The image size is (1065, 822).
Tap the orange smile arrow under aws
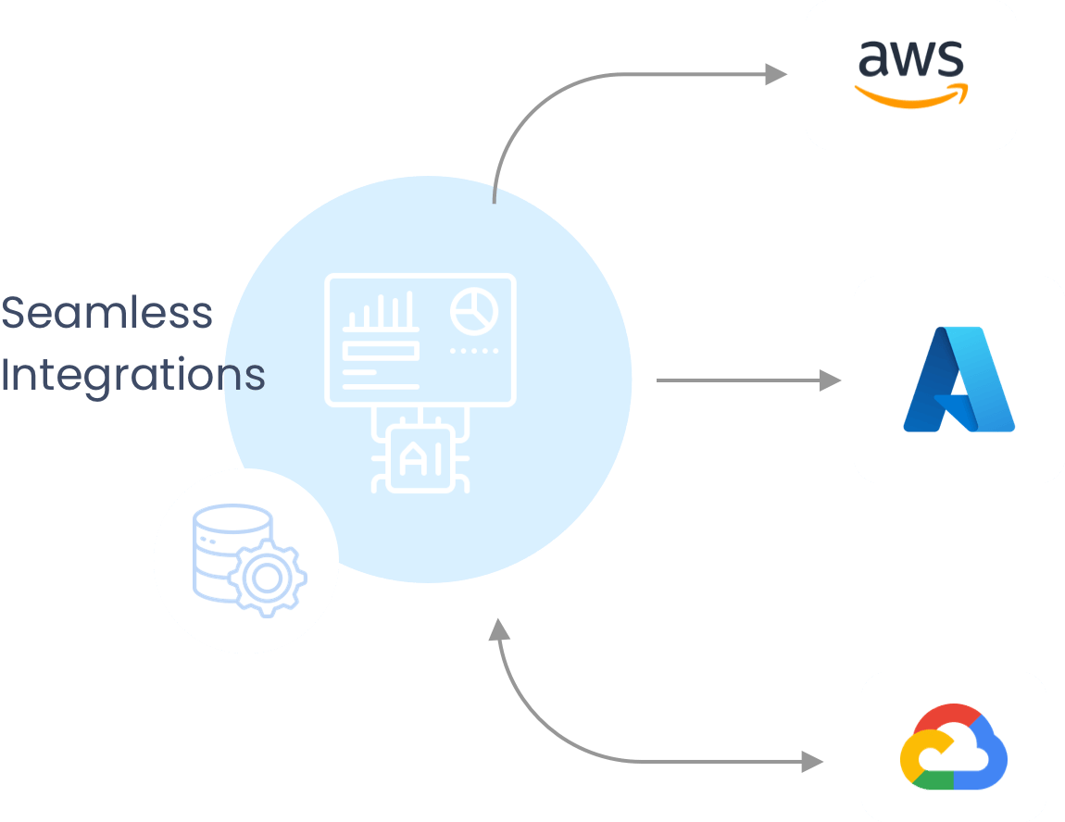(910, 93)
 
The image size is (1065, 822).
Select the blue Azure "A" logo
(958, 380)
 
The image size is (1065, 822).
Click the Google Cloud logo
(953, 747)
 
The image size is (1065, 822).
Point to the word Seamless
(106, 314)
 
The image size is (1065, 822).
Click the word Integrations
(132, 375)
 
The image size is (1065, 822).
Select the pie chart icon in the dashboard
(474, 311)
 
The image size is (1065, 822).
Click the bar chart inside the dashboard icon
(379, 313)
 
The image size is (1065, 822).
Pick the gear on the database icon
(268, 579)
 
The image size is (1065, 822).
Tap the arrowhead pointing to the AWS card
(776, 75)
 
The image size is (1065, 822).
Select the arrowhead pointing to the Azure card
(830, 380)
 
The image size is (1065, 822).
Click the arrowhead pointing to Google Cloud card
(812, 762)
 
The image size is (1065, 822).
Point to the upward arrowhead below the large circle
(499, 630)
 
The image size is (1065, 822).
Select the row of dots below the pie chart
(474, 352)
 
